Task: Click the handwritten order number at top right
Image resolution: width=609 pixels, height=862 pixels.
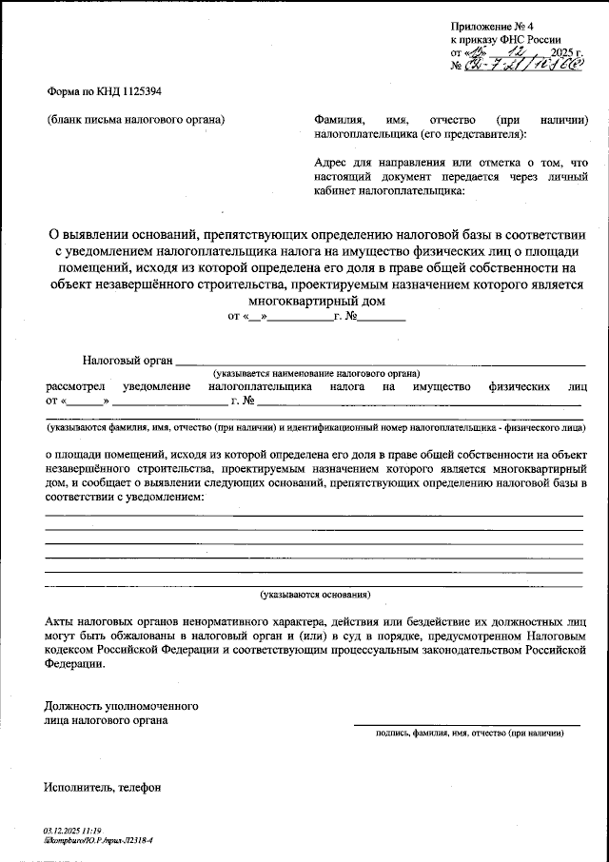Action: click(x=521, y=66)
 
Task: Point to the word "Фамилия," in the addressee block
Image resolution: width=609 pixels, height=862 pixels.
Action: click(x=339, y=121)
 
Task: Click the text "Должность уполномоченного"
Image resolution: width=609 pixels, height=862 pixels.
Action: click(x=121, y=707)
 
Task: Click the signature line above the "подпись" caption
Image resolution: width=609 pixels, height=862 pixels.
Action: click(x=466, y=725)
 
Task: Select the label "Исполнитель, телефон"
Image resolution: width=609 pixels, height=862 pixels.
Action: click(x=102, y=787)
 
